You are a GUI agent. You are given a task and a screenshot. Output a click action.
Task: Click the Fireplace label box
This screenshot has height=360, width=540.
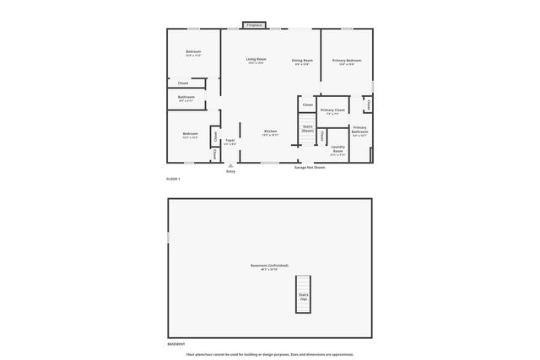pyautogui.click(x=254, y=25)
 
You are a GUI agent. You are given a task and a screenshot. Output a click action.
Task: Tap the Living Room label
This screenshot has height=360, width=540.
pyautogui.click(x=256, y=60)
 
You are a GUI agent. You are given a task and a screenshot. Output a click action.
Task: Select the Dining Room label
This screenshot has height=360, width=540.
pyautogui.click(x=302, y=61)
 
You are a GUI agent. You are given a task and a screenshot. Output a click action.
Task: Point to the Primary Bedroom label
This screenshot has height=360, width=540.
pyautogui.click(x=347, y=61)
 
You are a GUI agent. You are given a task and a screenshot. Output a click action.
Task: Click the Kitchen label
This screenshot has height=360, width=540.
pyautogui.click(x=270, y=132)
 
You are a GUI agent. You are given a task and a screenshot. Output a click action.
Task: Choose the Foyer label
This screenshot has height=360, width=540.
pyautogui.click(x=229, y=142)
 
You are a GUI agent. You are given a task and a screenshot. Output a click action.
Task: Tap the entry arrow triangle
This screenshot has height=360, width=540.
pyautogui.click(x=229, y=165)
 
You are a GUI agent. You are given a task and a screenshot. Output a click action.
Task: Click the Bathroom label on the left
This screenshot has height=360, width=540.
pyautogui.click(x=186, y=98)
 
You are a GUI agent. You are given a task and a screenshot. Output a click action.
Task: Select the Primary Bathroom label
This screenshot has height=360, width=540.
pyautogui.click(x=360, y=131)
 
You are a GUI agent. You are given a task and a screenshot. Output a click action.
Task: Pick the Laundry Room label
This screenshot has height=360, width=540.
pyautogui.click(x=337, y=149)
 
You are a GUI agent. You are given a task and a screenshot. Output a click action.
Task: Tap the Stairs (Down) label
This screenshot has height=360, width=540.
pyautogui.click(x=307, y=129)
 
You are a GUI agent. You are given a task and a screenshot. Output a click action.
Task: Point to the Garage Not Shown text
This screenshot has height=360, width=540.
pyautogui.click(x=309, y=167)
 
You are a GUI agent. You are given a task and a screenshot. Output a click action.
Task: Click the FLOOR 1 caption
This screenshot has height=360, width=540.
pyautogui.click(x=173, y=179)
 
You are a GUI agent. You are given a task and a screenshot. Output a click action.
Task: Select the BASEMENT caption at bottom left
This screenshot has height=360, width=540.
pyautogui.click(x=175, y=345)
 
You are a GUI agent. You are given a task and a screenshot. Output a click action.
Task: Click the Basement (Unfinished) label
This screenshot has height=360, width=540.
pyautogui.click(x=269, y=266)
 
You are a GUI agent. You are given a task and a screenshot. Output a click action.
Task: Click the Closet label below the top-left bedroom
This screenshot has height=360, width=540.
pyautogui.click(x=183, y=83)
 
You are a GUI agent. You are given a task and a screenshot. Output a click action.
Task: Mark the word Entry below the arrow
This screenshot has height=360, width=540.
pyautogui.click(x=230, y=172)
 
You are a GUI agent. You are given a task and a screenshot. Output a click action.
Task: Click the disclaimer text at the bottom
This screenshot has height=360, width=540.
pyautogui.click(x=270, y=354)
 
